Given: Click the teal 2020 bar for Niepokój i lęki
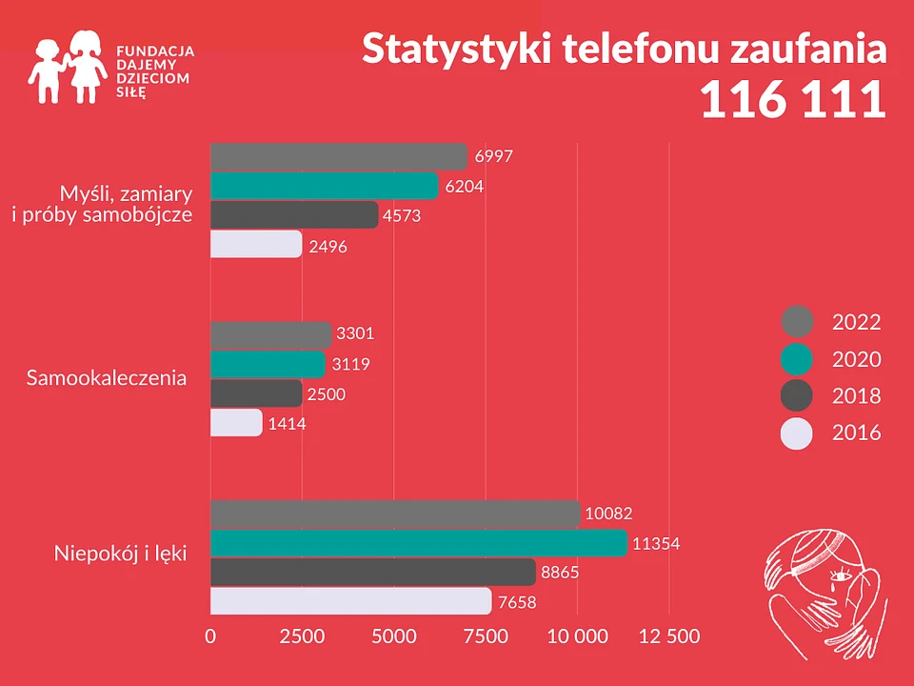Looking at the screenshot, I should tap(418, 543).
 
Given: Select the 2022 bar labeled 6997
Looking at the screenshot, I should tap(339, 157).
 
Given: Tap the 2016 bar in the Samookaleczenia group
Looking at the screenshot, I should tap(236, 422).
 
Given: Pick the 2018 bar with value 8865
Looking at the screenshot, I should tap(372, 573).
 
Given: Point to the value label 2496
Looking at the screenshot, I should tap(328, 246).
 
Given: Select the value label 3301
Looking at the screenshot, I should tap(356, 333).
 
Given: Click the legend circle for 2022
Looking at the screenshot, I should tap(797, 322).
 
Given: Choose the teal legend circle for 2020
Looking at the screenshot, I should tap(797, 359).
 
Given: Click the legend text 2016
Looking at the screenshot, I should tap(856, 434).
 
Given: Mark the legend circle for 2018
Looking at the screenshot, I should tap(797, 396).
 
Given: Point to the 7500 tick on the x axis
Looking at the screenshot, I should tap(486, 636).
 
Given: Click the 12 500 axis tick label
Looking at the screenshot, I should tap(668, 636).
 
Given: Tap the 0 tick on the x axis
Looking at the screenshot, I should tap(210, 636).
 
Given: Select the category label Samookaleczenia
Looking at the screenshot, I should tap(107, 378).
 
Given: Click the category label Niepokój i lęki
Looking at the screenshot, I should tap(120, 553).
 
